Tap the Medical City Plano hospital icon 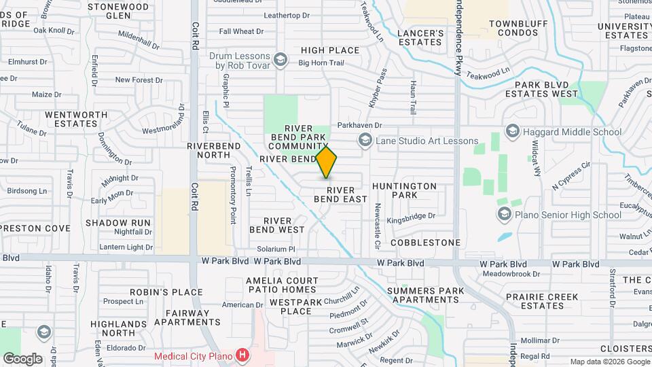[241, 355]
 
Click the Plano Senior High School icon [504, 215]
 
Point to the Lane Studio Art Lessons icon [365, 141]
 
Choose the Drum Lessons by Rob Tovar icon [279, 61]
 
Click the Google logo [22, 358]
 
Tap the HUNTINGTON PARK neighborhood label [405, 190]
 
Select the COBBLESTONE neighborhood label [425, 242]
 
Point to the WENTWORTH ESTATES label [71, 119]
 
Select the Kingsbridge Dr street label [410, 216]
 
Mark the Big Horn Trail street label [321, 63]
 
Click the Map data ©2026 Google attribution [609, 362]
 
